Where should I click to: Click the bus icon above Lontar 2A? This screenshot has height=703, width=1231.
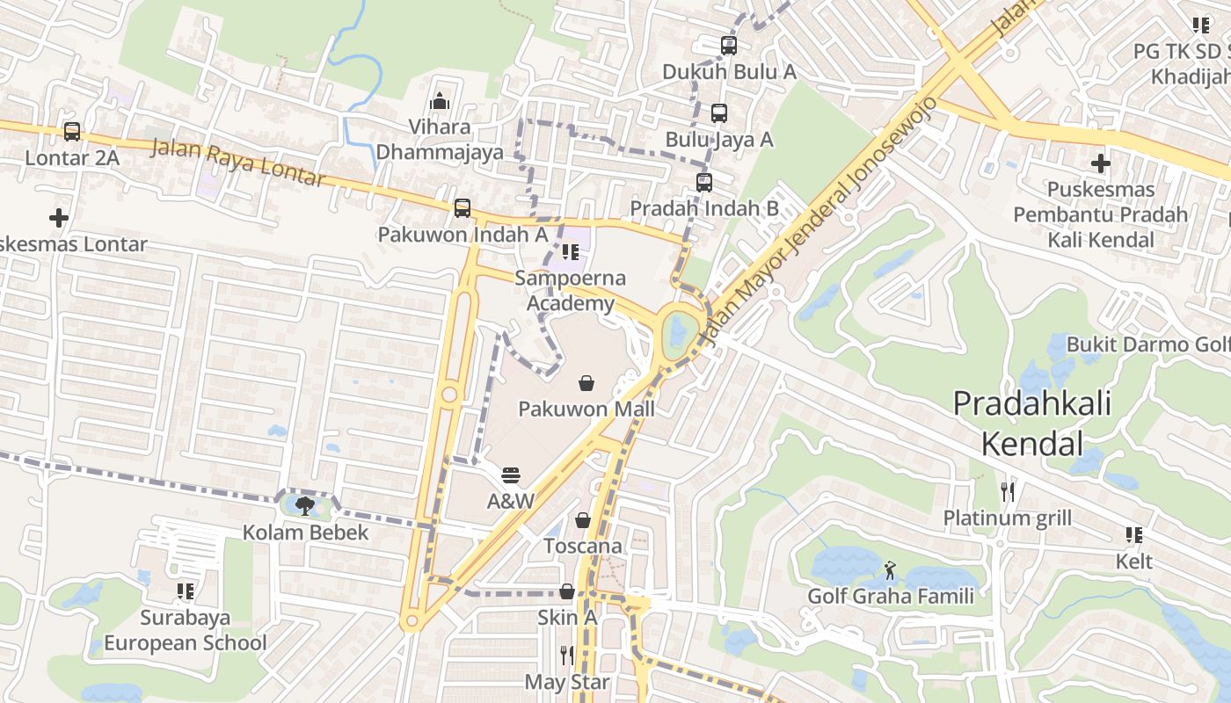[72, 132]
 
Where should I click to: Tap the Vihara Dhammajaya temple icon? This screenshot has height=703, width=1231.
[440, 102]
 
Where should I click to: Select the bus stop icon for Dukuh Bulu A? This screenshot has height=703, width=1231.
[729, 46]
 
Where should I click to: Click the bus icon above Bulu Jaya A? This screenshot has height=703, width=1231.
[719, 113]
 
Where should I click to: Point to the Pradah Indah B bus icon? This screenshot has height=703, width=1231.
[704, 183]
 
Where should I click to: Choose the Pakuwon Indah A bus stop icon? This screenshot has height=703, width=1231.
[463, 208]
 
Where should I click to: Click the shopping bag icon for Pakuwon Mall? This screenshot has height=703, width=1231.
[586, 383]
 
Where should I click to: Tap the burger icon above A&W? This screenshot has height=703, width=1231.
[511, 475]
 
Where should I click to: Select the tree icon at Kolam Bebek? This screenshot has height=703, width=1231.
[305, 505]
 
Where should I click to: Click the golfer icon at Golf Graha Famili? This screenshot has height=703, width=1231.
[891, 570]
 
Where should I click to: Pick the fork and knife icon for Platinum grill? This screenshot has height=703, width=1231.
[1008, 492]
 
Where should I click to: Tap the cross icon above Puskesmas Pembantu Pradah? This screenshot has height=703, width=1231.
[1100, 163]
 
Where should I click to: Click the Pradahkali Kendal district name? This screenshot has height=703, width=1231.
[1032, 424]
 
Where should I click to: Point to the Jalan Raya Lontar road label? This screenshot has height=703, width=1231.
[237, 163]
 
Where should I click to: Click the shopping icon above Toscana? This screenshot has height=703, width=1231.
[582, 520]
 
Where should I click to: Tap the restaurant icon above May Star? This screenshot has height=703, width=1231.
[567, 656]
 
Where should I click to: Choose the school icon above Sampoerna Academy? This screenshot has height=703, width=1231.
[571, 253]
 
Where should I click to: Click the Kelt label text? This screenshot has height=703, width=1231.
[1134, 562]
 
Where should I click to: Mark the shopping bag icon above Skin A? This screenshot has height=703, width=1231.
[567, 591]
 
